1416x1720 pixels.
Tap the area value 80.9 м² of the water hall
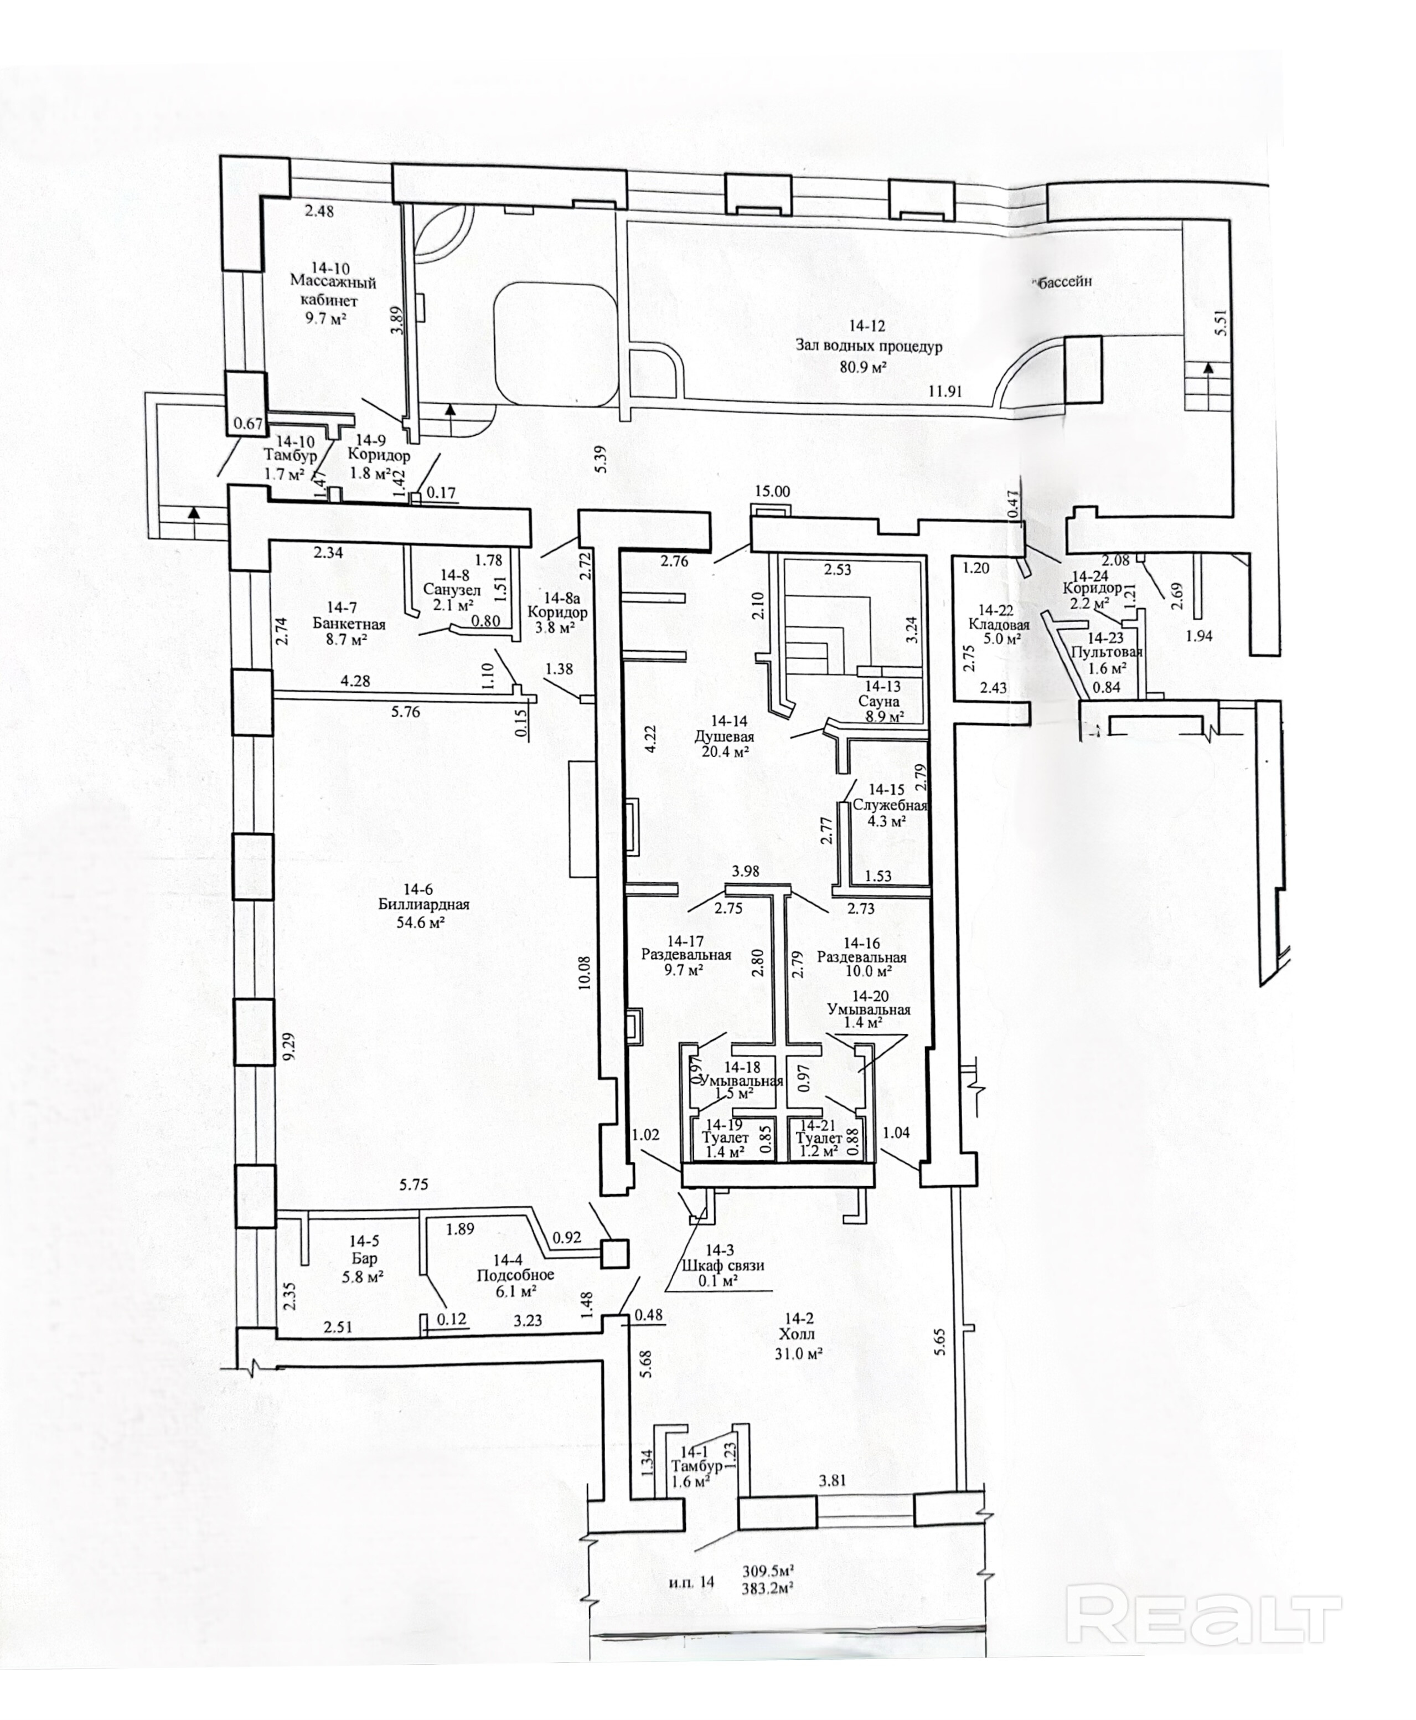click(x=863, y=367)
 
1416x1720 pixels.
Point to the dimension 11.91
click(x=945, y=391)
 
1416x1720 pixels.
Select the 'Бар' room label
click(x=365, y=1258)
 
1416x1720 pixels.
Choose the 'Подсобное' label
click(x=515, y=1275)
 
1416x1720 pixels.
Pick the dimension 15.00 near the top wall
click(x=772, y=491)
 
